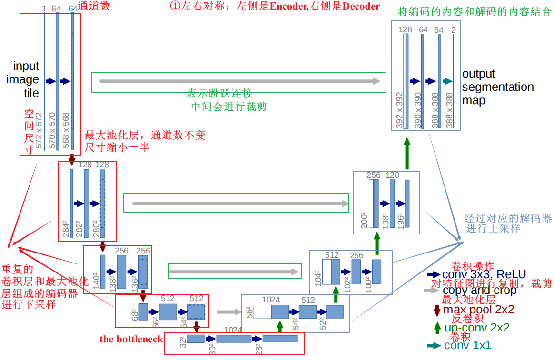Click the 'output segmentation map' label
pyautogui.click(x=497, y=88)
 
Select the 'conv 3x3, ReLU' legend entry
pyautogui.click(x=484, y=274)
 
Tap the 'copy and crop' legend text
pyautogui.click(x=479, y=290)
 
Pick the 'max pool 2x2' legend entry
pyautogui.click(x=478, y=310)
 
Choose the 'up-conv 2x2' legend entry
pyautogui.click(x=476, y=328)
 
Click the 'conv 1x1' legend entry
pyautogui.click(x=467, y=346)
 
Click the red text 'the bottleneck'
pyautogui.click(x=131, y=339)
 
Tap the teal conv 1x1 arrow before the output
pyautogui.click(x=446, y=81)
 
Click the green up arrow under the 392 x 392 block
pyautogui.click(x=406, y=153)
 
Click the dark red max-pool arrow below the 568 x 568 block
pyautogui.click(x=72, y=159)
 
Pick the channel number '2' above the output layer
pyautogui.click(x=454, y=30)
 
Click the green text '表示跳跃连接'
pyautogui.click(x=219, y=93)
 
